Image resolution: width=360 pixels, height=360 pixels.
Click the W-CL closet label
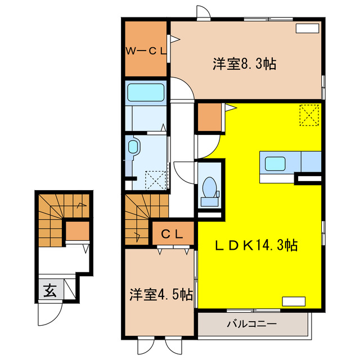[x=145, y=51]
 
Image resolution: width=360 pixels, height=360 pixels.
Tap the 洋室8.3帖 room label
[x=244, y=64]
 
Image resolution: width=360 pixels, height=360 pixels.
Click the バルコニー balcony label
[x=252, y=325]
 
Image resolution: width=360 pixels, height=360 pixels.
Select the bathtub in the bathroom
[x=145, y=92]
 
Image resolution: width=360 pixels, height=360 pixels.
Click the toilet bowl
[x=210, y=186]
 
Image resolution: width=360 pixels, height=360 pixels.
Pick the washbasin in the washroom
[x=133, y=148]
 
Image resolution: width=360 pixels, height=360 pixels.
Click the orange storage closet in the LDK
[x=208, y=118]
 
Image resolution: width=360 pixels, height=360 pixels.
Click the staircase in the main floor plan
[x=138, y=217]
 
